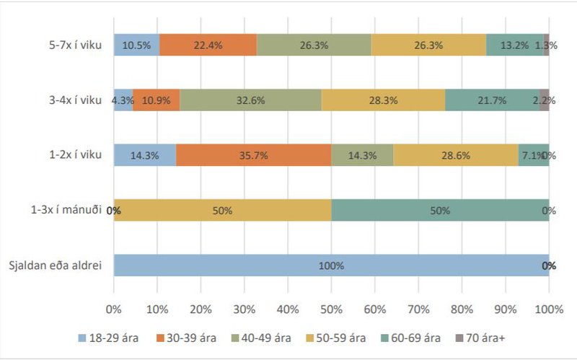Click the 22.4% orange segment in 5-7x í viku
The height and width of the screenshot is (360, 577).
coord(208,45)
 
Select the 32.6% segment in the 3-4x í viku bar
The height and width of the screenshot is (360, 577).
coord(250,100)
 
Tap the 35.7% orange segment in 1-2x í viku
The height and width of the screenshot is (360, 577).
coord(253,155)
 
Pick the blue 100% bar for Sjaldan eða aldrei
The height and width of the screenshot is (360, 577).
coord(331,265)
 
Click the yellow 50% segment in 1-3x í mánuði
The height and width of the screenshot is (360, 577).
coord(222,211)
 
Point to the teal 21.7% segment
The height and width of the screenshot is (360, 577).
coord(492,100)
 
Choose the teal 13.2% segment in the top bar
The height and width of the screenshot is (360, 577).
coord(514,45)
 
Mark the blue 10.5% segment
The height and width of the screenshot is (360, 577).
coord(136,45)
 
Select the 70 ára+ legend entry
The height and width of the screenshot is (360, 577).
coord(480,337)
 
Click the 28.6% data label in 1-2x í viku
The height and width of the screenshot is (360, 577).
coord(455,155)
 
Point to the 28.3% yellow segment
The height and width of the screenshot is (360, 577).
coord(383,100)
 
